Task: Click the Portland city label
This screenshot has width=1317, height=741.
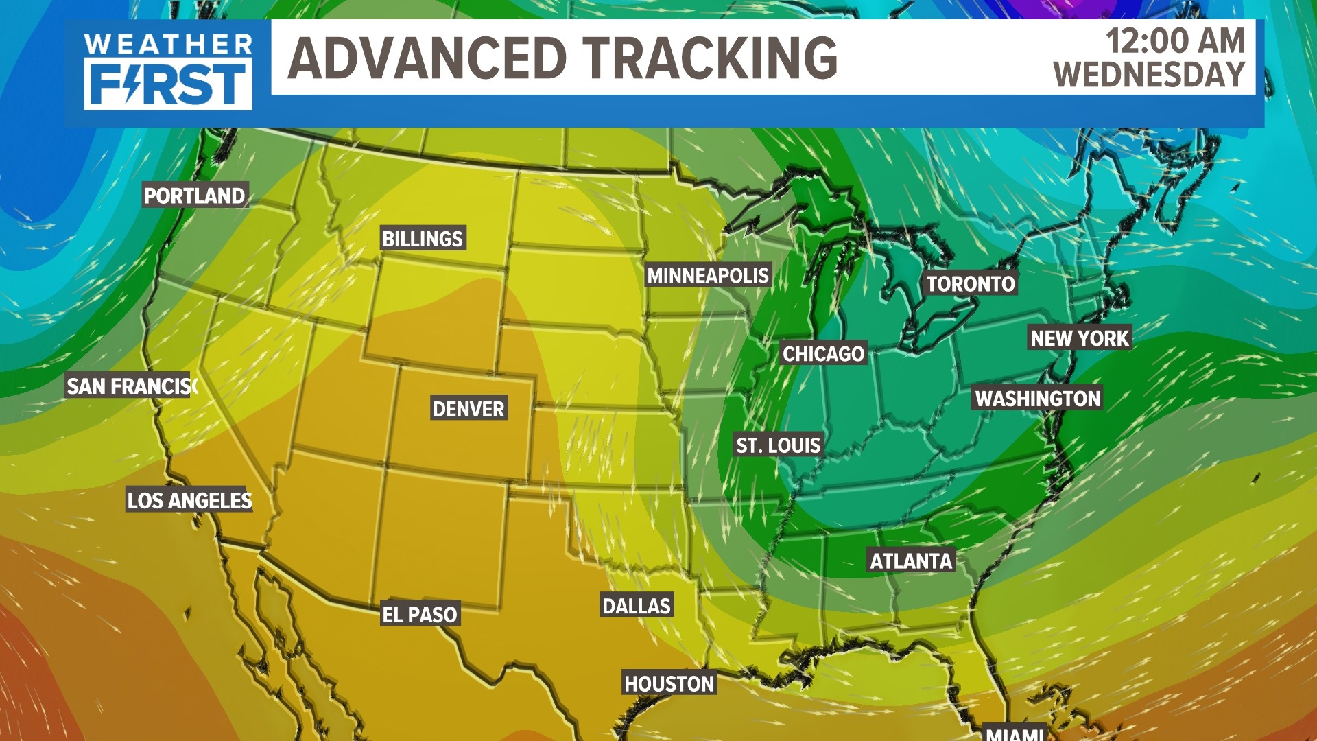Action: click(194, 196)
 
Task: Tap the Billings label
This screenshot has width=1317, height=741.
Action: click(423, 239)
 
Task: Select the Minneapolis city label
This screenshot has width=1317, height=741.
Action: click(708, 276)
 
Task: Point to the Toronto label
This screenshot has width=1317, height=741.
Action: click(970, 284)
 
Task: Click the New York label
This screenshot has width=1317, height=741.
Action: click(1079, 338)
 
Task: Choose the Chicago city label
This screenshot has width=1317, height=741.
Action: click(823, 354)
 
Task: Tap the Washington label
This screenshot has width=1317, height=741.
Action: click(1037, 399)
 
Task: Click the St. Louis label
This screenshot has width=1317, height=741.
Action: click(778, 446)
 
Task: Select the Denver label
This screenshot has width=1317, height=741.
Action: click(468, 410)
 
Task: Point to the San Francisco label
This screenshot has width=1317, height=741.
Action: click(131, 386)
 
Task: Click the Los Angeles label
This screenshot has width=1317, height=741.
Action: click(189, 501)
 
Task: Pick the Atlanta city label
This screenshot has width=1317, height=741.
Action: click(911, 561)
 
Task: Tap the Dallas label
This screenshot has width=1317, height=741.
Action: click(636, 606)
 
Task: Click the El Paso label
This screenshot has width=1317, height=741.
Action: click(419, 615)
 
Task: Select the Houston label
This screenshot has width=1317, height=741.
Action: click(669, 684)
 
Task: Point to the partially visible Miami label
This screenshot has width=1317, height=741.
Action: click(1015, 733)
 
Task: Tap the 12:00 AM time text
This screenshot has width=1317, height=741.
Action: click(1175, 40)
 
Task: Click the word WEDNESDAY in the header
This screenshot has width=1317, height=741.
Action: click(1149, 74)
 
